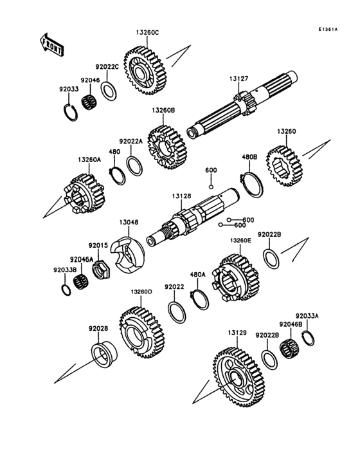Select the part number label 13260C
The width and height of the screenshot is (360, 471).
(147, 31)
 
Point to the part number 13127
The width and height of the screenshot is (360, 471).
(239, 79)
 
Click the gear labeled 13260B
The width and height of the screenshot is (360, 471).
(167, 147)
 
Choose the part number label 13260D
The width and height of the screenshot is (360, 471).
(141, 292)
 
